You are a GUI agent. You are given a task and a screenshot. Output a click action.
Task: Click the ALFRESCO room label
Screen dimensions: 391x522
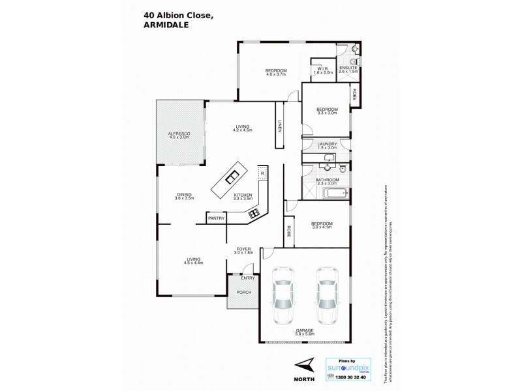178,134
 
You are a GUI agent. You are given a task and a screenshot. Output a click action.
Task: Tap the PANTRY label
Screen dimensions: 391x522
216,219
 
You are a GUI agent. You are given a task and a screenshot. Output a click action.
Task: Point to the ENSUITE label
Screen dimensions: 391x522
346,68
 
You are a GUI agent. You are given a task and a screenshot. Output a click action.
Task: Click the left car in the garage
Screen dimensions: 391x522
283,297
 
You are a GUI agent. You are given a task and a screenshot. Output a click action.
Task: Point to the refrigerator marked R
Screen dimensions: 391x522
261,174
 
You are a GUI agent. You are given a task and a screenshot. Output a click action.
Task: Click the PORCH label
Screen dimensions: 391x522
243,292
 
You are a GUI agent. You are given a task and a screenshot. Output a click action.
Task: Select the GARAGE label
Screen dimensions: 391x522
305,330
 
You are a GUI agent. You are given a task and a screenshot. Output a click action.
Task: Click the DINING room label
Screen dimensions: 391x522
185,194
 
